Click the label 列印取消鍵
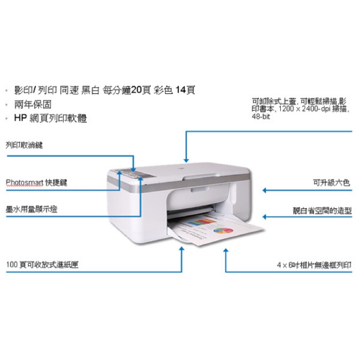(24, 145)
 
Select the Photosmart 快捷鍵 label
(36, 183)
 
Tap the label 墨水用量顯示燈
(31, 209)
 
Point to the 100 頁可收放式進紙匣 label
(42, 265)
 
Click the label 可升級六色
(332, 183)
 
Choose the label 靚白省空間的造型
(322, 211)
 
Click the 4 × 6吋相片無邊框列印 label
(314, 265)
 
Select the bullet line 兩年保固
(33, 104)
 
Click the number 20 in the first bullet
(136, 90)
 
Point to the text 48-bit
(261, 117)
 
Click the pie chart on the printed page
(223, 230)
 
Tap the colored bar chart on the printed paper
(202, 222)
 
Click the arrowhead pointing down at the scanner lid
(186, 160)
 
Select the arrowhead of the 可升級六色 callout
(265, 190)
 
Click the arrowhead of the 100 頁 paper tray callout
(182, 249)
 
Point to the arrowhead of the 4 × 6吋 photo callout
(226, 251)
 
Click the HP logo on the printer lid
(180, 169)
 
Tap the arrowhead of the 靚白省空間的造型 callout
(265, 217)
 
